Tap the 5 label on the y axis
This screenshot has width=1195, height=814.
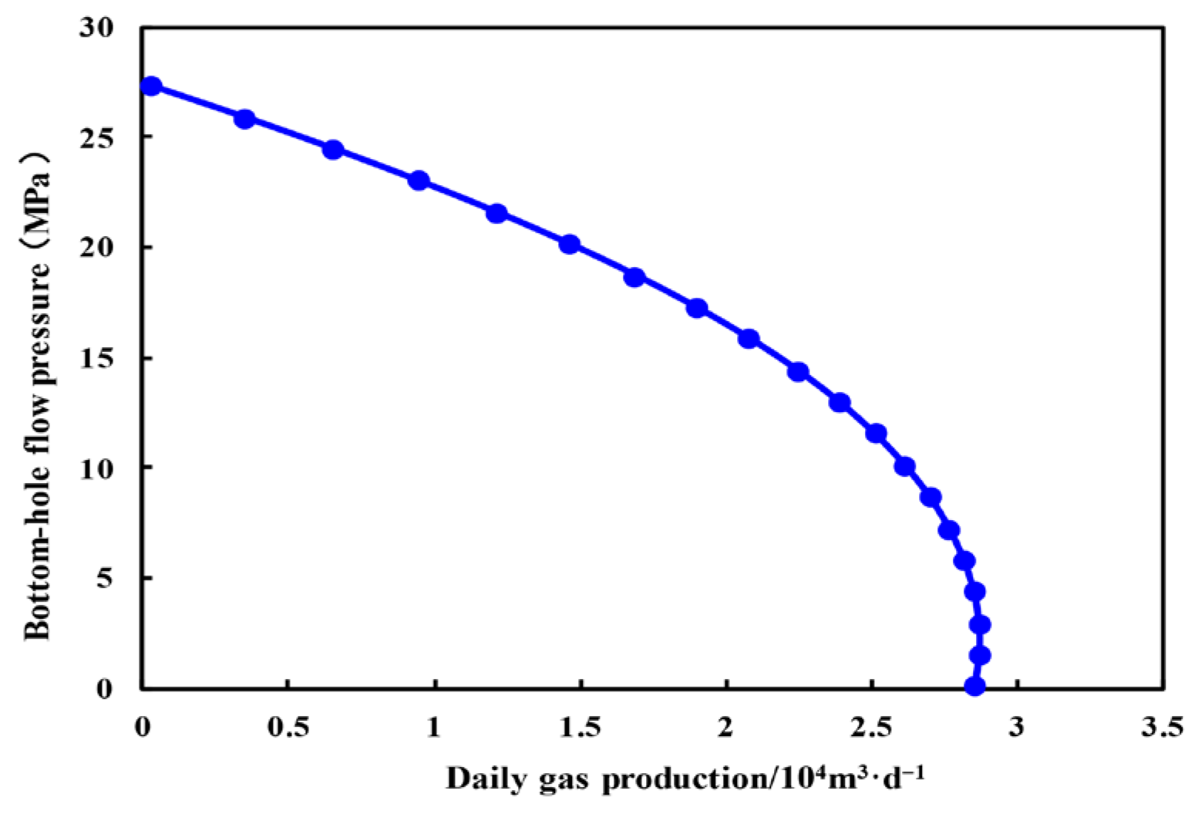(x=105, y=579)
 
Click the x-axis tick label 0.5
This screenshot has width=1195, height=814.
(x=287, y=727)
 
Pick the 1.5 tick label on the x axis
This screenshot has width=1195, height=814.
(x=580, y=727)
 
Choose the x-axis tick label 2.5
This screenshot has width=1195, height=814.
(x=871, y=727)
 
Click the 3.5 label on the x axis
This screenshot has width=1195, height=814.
(x=1163, y=727)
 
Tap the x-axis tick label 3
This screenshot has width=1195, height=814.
(x=1018, y=727)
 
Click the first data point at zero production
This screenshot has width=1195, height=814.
(x=151, y=86)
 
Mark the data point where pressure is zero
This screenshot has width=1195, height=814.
(x=975, y=686)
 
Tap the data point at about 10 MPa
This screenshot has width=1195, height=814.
(x=905, y=467)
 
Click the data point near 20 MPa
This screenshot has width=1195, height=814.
(x=569, y=244)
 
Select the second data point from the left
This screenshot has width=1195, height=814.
(x=244, y=119)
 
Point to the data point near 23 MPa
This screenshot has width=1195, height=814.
(x=419, y=181)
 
